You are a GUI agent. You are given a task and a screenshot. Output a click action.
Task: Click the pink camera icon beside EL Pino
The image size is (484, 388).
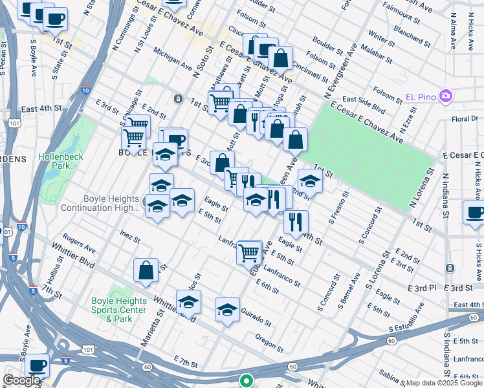[445, 97]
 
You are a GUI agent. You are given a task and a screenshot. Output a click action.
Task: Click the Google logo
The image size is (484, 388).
[21, 380]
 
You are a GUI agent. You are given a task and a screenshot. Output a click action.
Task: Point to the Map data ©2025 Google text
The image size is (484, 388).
[444, 383]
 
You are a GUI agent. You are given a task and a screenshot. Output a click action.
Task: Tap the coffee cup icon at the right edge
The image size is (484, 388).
[474, 213]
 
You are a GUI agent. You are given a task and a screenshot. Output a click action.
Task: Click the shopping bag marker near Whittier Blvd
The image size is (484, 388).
[146, 270]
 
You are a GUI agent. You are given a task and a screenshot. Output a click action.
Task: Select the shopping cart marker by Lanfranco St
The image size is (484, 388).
[249, 252]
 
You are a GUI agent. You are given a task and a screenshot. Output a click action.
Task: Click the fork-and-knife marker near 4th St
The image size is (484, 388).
[295, 222]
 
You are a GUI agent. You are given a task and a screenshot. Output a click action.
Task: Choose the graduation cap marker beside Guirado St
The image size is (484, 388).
[227, 310]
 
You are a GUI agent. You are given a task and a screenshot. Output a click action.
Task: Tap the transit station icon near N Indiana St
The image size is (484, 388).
[449, 268]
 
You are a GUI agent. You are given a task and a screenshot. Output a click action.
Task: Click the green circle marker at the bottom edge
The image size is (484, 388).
[246, 381]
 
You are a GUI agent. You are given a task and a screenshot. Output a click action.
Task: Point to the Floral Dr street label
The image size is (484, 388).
[465, 118]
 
